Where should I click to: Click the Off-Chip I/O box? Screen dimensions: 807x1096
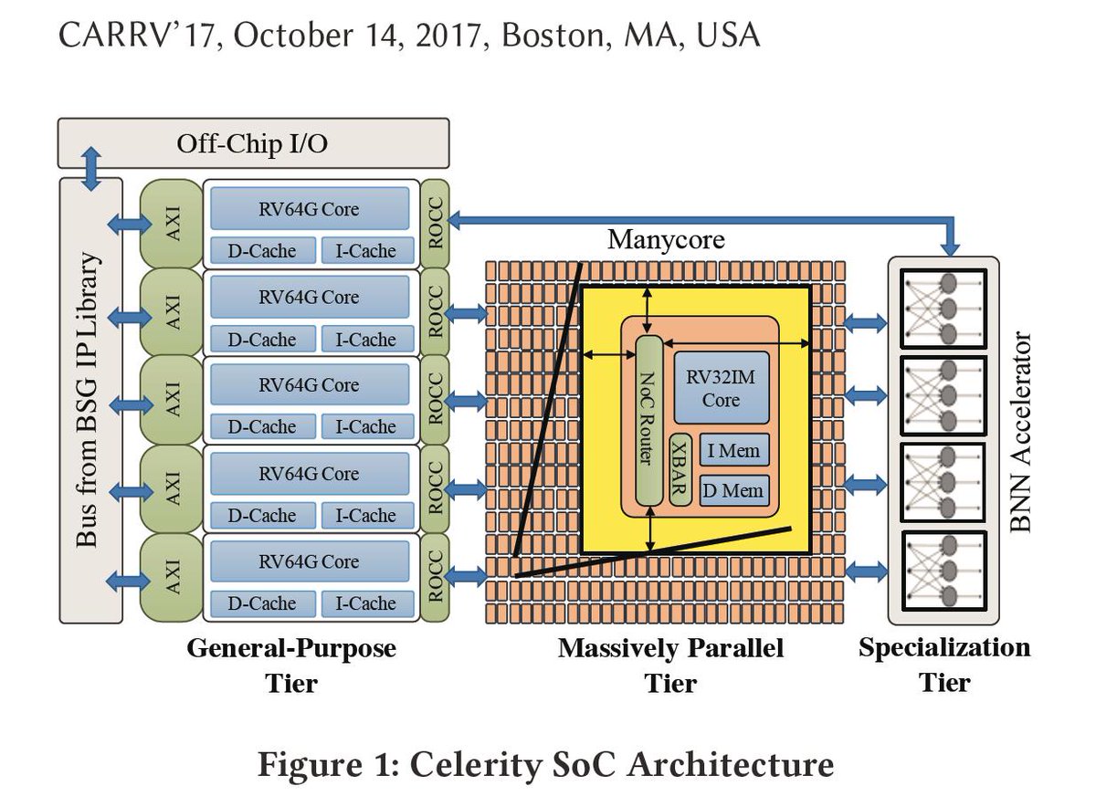pyautogui.click(x=253, y=143)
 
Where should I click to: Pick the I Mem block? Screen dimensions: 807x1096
pyautogui.click(x=733, y=449)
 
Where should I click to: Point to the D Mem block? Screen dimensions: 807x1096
pyautogui.click(x=733, y=491)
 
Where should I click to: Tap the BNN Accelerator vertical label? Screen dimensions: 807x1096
pyautogui.click(x=1020, y=433)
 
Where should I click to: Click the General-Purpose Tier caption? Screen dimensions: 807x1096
pyautogui.click(x=291, y=665)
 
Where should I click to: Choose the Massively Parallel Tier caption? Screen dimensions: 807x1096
pyautogui.click(x=670, y=665)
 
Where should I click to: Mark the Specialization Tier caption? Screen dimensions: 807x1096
pyautogui.click(x=944, y=664)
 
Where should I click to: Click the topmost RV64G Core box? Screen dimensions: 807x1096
pyautogui.click(x=309, y=209)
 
